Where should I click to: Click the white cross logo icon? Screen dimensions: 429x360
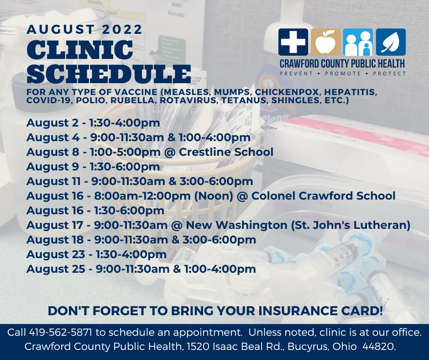tap(293, 42)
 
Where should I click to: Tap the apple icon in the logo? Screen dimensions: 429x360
tap(325, 42)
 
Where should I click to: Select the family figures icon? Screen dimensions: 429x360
tap(358, 42)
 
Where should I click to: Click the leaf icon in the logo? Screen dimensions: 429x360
tap(391, 42)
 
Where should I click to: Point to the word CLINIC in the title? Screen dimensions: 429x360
tap(80, 50)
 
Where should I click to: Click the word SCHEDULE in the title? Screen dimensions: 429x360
tap(109, 74)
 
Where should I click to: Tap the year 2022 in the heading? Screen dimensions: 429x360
tap(122, 29)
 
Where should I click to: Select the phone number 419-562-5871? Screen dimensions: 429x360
tap(60, 332)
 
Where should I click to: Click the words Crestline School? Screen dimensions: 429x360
tap(226, 152)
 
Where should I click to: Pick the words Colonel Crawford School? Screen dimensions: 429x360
tap(324, 196)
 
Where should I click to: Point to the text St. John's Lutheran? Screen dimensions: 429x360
tap(351, 225)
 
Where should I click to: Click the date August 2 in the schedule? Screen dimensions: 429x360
tap(52, 123)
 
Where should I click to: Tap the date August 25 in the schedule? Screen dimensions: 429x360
tap(56, 269)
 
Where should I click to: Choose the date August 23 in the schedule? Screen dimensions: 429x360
tap(56, 254)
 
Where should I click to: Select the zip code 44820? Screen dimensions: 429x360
tap(379, 346)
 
